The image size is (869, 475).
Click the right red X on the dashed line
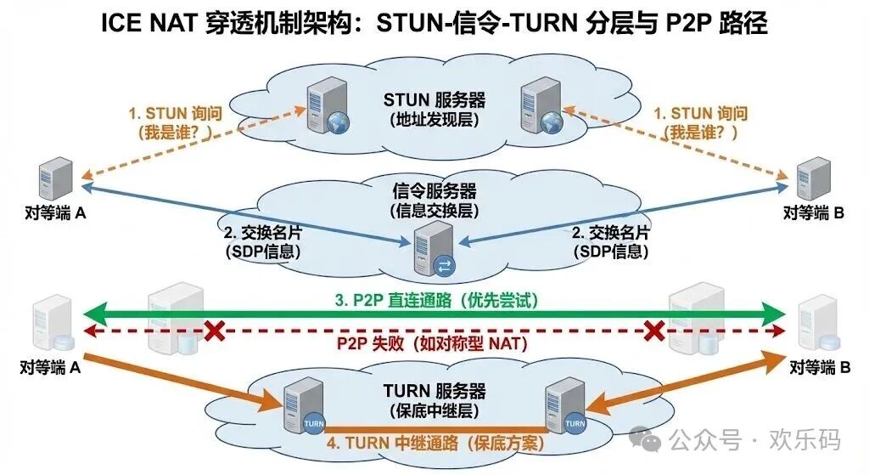653,331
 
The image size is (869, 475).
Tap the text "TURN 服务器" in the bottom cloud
434,392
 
